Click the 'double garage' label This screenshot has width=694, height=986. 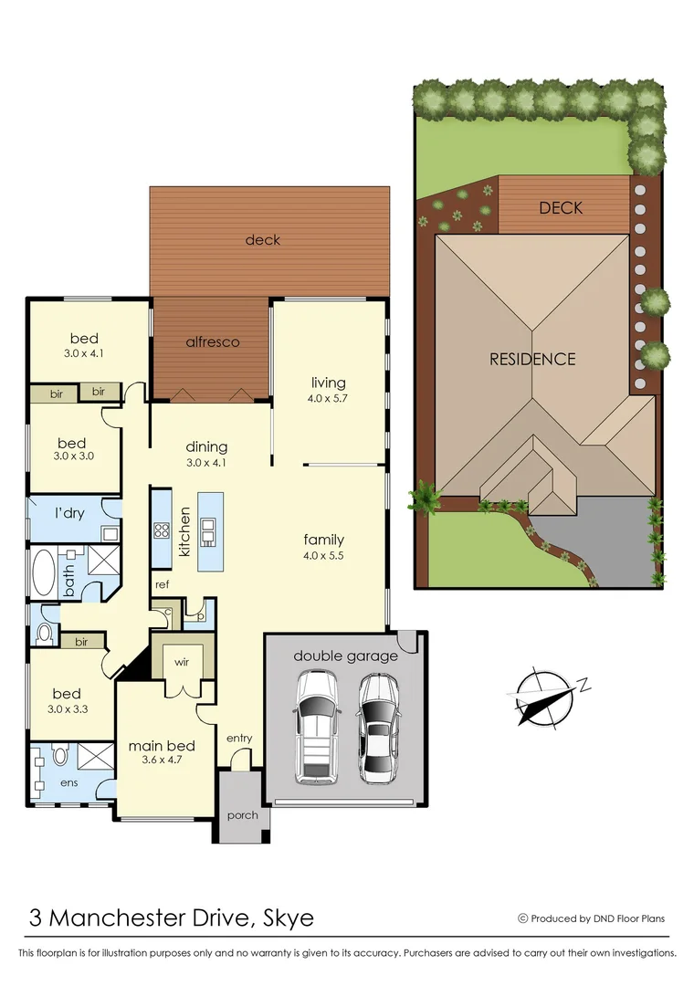pyautogui.click(x=345, y=656)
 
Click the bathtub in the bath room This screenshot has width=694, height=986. pyautogui.click(x=43, y=572)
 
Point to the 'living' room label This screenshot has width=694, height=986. pyautogui.click(x=328, y=383)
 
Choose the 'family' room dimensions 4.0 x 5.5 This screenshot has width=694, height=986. pyautogui.click(x=323, y=555)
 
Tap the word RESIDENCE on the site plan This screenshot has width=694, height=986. pyautogui.click(x=532, y=359)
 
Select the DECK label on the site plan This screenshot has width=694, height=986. pyautogui.click(x=560, y=208)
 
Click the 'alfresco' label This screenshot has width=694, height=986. pyautogui.click(x=212, y=341)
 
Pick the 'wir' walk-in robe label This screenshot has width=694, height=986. pyautogui.click(x=182, y=661)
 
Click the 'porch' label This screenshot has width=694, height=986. pyautogui.click(x=242, y=815)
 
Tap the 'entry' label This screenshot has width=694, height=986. pyautogui.click(x=239, y=738)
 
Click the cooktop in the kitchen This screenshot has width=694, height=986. pyautogui.click(x=162, y=530)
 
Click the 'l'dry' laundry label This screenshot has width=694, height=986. pyautogui.click(x=68, y=513)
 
